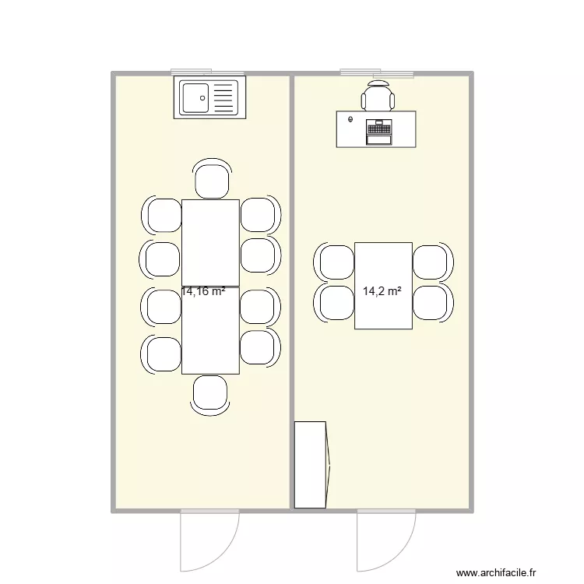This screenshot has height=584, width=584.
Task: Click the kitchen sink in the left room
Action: click(x=209, y=98)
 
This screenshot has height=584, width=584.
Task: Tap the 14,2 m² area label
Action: click(x=382, y=292)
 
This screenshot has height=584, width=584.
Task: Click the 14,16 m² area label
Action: click(x=203, y=292)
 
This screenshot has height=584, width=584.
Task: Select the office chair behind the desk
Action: click(x=378, y=96)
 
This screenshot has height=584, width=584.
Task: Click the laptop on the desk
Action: click(x=379, y=131)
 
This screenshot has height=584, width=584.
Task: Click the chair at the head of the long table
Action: click(x=211, y=179)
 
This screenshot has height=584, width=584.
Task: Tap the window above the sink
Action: click(x=208, y=72)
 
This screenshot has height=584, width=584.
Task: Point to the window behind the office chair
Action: click(x=376, y=72)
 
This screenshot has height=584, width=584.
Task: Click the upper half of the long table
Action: click(x=210, y=241)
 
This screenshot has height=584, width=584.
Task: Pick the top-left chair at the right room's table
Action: click(x=336, y=262)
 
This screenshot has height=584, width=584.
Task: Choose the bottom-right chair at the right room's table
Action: click(x=431, y=302)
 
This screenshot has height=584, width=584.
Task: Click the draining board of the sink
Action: click(x=223, y=98)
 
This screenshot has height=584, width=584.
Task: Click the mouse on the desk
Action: click(x=351, y=120)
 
